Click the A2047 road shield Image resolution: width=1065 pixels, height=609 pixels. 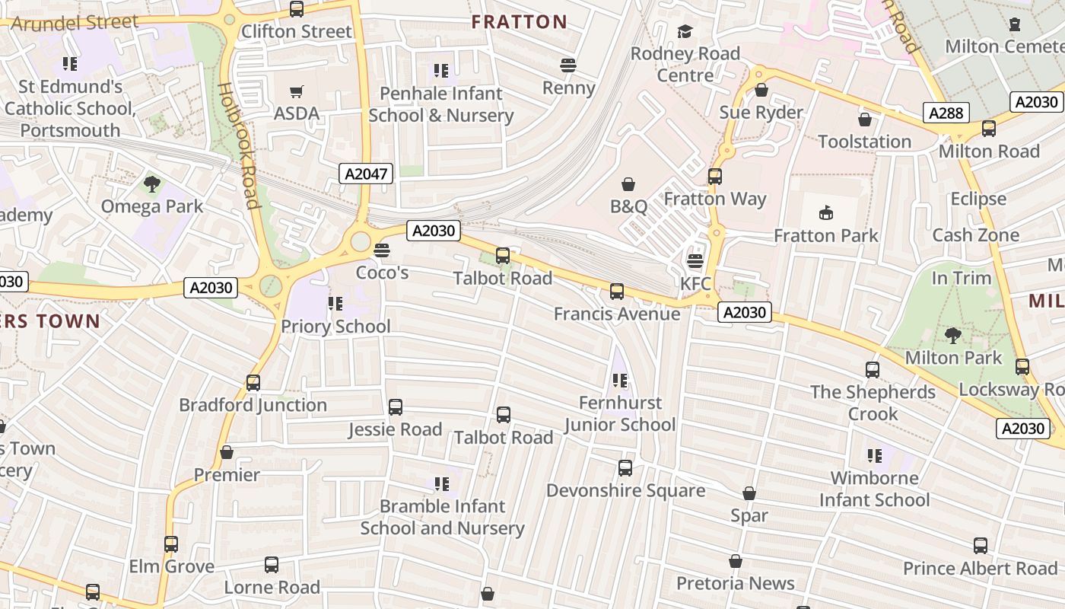[x=366, y=174]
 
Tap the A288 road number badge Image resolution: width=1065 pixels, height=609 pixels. [x=946, y=113]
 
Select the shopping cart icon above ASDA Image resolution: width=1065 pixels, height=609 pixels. [x=297, y=92]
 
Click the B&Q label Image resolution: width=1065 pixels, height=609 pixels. [x=628, y=206]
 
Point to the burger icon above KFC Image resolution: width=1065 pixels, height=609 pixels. [x=695, y=261]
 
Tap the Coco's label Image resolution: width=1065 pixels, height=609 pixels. [x=382, y=273]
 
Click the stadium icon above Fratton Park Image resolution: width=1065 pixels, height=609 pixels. [x=826, y=212]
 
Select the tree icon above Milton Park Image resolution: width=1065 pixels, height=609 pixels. [x=952, y=335]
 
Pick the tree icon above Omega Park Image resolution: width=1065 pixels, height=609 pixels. [x=152, y=183]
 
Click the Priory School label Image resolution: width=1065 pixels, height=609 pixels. [x=335, y=327]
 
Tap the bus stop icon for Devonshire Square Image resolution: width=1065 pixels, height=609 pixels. [x=625, y=468]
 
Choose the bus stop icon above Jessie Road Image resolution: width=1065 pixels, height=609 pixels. [x=396, y=407]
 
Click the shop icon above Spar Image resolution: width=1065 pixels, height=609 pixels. [x=749, y=494]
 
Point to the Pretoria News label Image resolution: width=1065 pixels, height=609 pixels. [x=736, y=584]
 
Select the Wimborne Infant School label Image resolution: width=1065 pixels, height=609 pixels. [x=874, y=489]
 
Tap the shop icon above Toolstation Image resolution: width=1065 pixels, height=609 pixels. [x=864, y=120]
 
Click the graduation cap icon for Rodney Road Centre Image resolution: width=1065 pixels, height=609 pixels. [x=685, y=31]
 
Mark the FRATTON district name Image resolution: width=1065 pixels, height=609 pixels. [x=519, y=22]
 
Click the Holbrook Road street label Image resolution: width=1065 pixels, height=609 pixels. [x=239, y=145]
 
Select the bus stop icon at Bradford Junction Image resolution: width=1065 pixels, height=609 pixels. [x=253, y=383]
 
